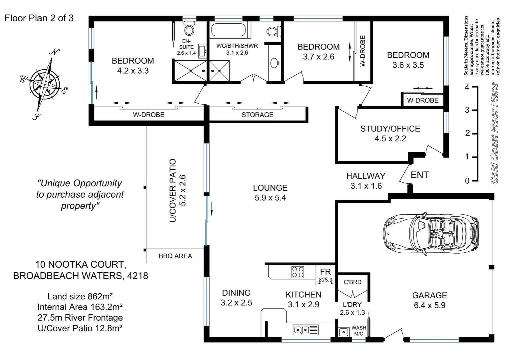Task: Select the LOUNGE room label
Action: tap(270, 188)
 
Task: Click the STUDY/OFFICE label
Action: tap(390, 129)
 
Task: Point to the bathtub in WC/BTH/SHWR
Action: tap(229, 30)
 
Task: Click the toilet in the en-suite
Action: tap(189, 28)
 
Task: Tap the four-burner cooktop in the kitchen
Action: tap(298, 272)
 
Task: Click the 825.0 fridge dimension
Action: tap(325, 280)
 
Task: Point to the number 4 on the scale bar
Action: tap(467, 87)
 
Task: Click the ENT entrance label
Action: tap(420, 175)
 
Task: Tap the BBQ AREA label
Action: tap(175, 256)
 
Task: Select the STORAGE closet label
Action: tap(257, 115)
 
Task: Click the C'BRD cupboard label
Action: tap(352, 282)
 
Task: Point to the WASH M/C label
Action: tap(359, 331)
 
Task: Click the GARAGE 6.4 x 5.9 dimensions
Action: tap(430, 305)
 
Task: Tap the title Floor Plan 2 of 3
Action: tap(39, 18)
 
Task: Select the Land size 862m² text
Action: tap(80, 296)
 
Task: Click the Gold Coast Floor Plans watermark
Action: tap(495, 133)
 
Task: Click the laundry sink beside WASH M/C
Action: tap(343, 332)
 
